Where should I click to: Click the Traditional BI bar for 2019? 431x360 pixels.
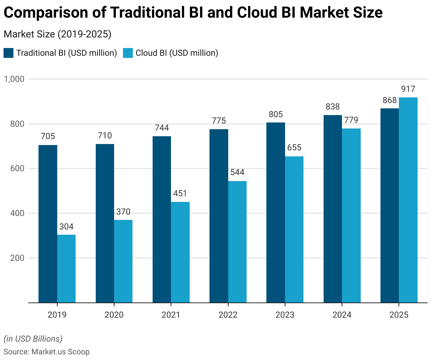tap(48, 224)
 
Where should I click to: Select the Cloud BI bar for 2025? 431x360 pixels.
tap(408, 200)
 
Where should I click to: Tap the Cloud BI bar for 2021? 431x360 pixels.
tap(180, 252)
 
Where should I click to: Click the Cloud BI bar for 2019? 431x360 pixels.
tap(66, 269)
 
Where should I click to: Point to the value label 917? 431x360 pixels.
tap(408, 89)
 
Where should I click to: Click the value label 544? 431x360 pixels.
tap(237, 173)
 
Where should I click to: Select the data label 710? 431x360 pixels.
tap(105, 136)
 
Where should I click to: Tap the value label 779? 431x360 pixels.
tap(351, 120)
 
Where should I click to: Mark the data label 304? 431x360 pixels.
tap(66, 227)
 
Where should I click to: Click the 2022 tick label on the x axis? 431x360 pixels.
tap(228, 315)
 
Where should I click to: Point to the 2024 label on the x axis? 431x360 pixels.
tap(342, 315)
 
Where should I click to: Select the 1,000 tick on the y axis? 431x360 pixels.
tap(14, 79)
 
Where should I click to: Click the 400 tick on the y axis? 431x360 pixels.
tap(17, 213)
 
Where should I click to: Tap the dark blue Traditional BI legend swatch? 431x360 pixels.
tap(8, 53)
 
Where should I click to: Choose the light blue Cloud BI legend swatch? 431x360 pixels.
tap(128, 53)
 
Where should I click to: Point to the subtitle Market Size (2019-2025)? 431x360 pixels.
tap(57, 34)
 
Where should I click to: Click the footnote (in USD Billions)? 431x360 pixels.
tap(33, 339)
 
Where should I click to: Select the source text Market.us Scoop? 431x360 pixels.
tap(60, 352)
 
